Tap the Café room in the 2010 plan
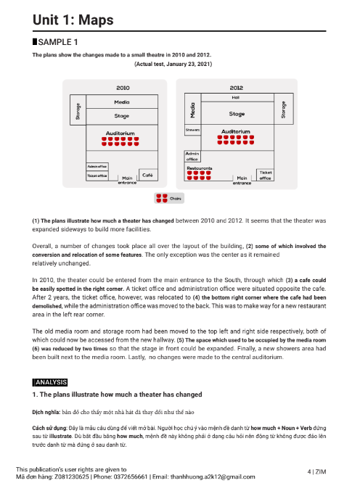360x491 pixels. tap(147, 175)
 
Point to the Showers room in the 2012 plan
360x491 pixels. tap(192, 130)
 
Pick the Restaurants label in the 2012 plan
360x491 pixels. tap(200, 168)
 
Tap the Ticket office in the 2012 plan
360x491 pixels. tap(265, 175)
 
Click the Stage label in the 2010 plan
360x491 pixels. tap(122, 115)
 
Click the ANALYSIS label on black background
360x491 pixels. tap(50, 382)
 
